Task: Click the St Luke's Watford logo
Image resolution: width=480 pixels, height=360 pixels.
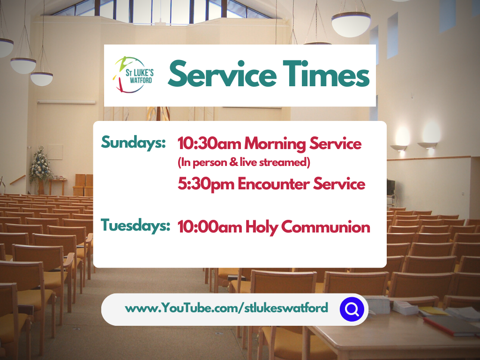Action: pyautogui.click(x=134, y=75)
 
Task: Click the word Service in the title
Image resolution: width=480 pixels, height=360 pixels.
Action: pyautogui.click(x=222, y=74)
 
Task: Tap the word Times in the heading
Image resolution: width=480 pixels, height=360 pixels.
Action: pyautogui.click(x=326, y=74)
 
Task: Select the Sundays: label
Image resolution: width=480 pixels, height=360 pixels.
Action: pyautogui.click(x=133, y=142)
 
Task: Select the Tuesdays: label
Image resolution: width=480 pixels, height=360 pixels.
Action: pyautogui.click(x=135, y=225)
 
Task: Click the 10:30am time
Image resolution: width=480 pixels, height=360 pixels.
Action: pyautogui.click(x=209, y=143)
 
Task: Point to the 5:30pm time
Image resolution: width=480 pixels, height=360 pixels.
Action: pyautogui.click(x=206, y=184)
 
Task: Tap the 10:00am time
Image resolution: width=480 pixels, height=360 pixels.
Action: pyautogui.click(x=210, y=227)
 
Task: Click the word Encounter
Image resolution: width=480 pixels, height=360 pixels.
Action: pyautogui.click(x=273, y=184)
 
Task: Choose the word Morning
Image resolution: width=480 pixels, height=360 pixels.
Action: pyautogui.click(x=275, y=144)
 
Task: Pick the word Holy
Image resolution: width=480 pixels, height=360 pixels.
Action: pyautogui.click(x=261, y=227)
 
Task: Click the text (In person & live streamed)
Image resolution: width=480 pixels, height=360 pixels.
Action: pyautogui.click(x=244, y=162)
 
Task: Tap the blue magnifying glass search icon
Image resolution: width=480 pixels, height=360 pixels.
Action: pyautogui.click(x=352, y=309)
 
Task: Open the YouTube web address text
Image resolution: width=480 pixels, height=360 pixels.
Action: pyautogui.click(x=226, y=308)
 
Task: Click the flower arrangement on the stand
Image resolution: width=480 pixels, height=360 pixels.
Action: pyautogui.click(x=40, y=166)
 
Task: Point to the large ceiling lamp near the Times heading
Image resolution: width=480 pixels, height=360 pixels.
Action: pyautogui.click(x=351, y=24)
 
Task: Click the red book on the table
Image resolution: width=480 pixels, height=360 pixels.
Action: pyautogui.click(x=450, y=325)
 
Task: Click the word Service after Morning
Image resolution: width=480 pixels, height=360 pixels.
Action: pyautogui.click(x=336, y=143)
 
